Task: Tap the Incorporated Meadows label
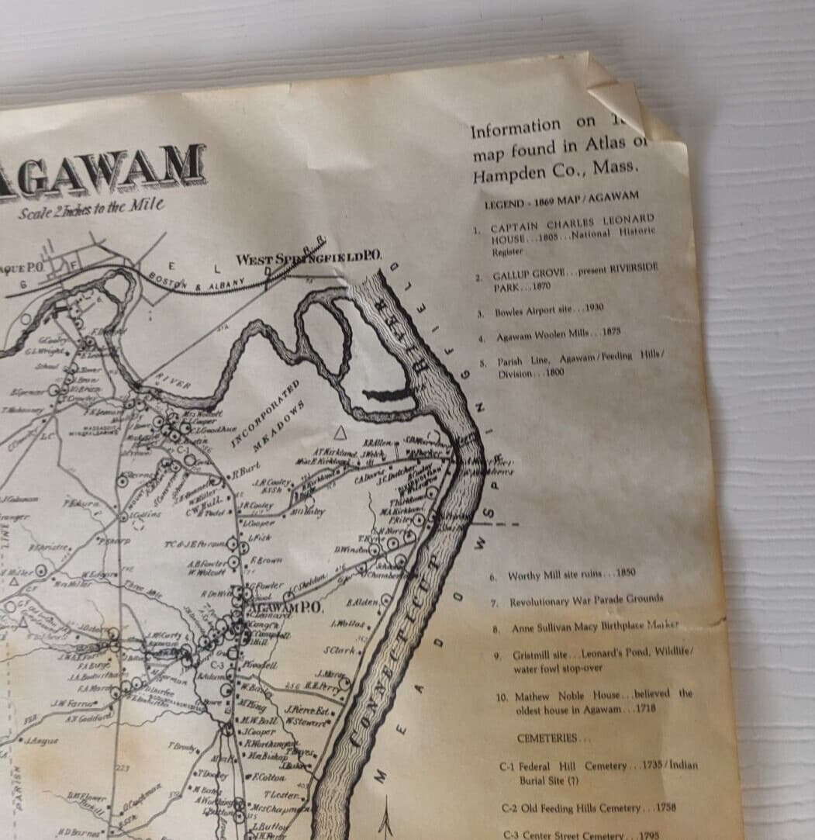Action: [268, 415]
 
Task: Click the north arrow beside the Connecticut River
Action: [388, 814]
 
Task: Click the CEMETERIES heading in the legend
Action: [552, 738]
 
